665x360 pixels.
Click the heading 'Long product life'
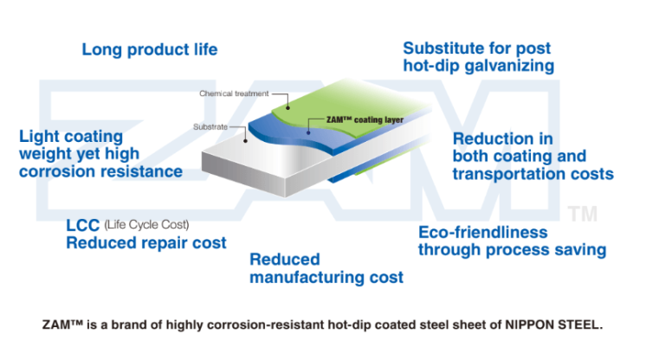149,49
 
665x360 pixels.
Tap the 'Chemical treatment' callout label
234,93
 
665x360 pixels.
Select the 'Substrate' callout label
210,127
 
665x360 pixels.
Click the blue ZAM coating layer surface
294,138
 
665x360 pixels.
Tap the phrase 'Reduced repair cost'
146,243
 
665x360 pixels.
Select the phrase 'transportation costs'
533,174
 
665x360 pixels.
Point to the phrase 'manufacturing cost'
326,278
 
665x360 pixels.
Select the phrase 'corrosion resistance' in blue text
100,171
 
